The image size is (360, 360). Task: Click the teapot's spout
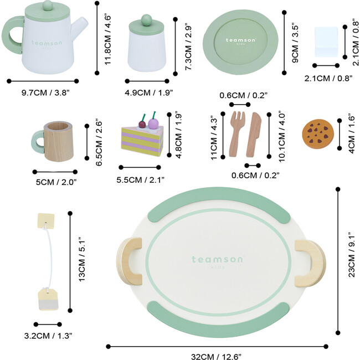82,24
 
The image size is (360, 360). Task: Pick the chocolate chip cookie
317,133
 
